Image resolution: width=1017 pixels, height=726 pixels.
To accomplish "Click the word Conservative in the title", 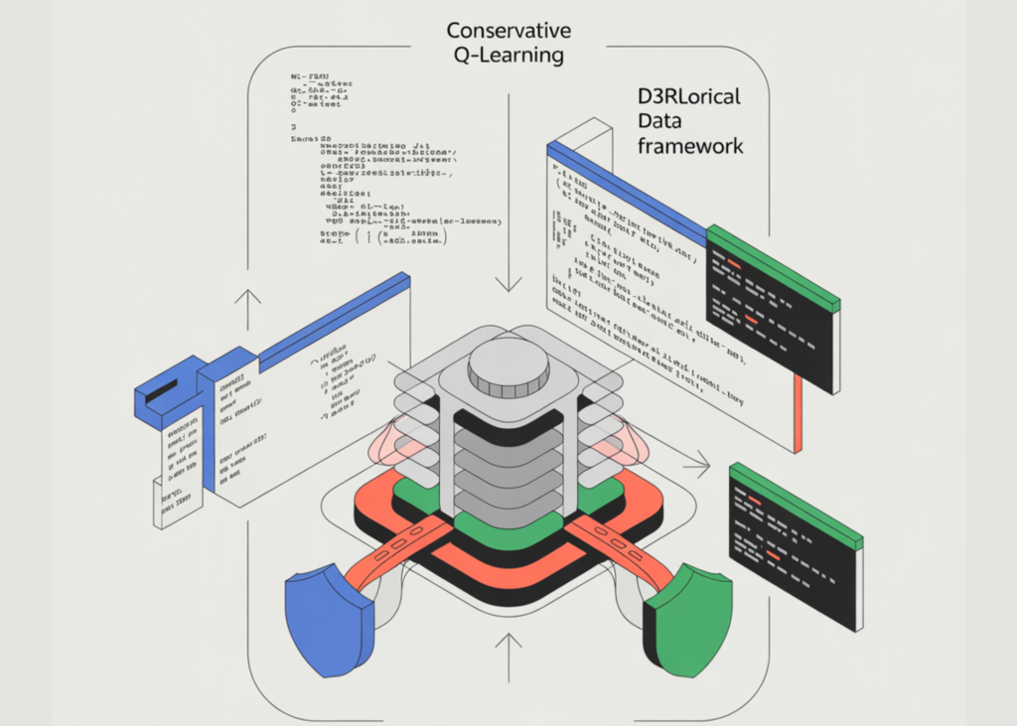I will pyautogui.click(x=508, y=30).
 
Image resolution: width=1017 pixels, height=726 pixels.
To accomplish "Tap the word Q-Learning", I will pyautogui.click(x=508, y=56).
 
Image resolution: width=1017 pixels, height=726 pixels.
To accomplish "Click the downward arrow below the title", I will pyautogui.click(x=508, y=248).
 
